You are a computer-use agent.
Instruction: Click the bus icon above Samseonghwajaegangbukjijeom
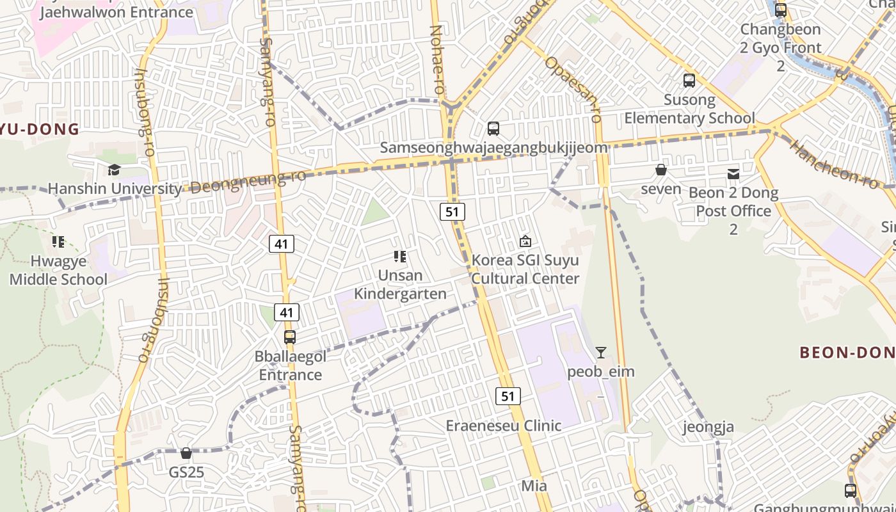point(493,129)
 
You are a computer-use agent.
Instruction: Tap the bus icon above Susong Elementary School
point(689,81)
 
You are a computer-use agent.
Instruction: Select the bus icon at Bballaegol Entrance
point(290,337)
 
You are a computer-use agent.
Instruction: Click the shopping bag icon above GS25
point(186,453)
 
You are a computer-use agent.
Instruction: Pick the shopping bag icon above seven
point(661,170)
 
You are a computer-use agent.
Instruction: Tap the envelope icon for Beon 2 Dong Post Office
point(733,173)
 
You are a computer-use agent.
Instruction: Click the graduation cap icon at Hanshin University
point(114,170)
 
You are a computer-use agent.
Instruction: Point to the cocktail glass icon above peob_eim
point(600,353)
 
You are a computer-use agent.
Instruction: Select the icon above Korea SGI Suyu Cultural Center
point(525,241)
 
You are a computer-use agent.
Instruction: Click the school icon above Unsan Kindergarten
point(400,257)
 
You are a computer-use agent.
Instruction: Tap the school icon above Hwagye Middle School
point(58,242)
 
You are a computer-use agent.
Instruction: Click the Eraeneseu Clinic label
point(503,426)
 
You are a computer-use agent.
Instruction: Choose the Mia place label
point(534,486)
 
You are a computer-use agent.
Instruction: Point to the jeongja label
point(708,427)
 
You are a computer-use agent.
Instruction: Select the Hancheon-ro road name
point(834,165)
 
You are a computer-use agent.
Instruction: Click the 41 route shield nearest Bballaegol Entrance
point(287,312)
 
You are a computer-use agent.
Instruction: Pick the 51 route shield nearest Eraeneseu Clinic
point(508,396)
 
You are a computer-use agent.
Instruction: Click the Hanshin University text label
point(115,189)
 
